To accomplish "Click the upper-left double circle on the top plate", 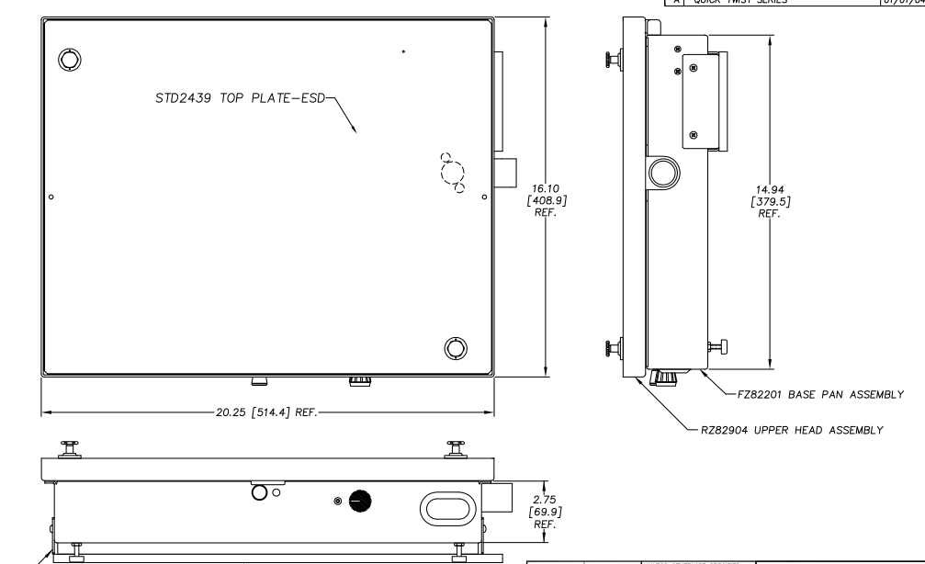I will (69, 61).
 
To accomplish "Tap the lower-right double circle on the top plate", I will (455, 347).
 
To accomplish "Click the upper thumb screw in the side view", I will (610, 61).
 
